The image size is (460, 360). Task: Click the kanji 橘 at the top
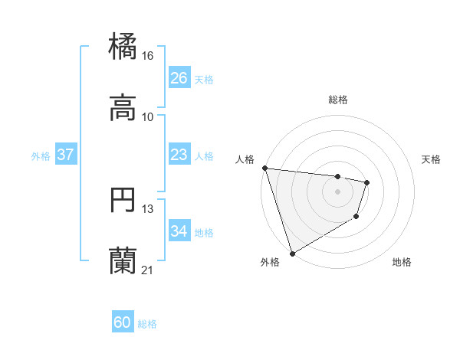(x=123, y=47)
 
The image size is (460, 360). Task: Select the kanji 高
(x=123, y=108)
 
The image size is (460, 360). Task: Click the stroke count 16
(x=148, y=56)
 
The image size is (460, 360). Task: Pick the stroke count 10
(x=148, y=117)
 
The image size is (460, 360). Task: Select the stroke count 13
(x=148, y=209)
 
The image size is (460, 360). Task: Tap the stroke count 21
(x=148, y=270)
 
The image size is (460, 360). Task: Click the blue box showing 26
(x=179, y=78)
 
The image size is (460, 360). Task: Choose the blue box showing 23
(x=179, y=155)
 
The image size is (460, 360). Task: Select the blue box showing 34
(x=179, y=231)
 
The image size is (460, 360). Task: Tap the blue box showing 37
(x=66, y=155)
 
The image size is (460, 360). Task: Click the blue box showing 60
(x=123, y=322)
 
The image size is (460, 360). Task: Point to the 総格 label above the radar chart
(x=337, y=100)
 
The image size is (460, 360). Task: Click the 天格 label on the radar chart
(x=431, y=160)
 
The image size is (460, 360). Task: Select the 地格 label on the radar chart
(x=402, y=263)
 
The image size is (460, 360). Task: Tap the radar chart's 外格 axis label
(x=270, y=263)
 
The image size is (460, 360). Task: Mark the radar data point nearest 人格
(x=264, y=168)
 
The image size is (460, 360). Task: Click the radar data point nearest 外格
(x=292, y=253)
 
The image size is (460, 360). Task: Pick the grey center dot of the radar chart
(x=337, y=191)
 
